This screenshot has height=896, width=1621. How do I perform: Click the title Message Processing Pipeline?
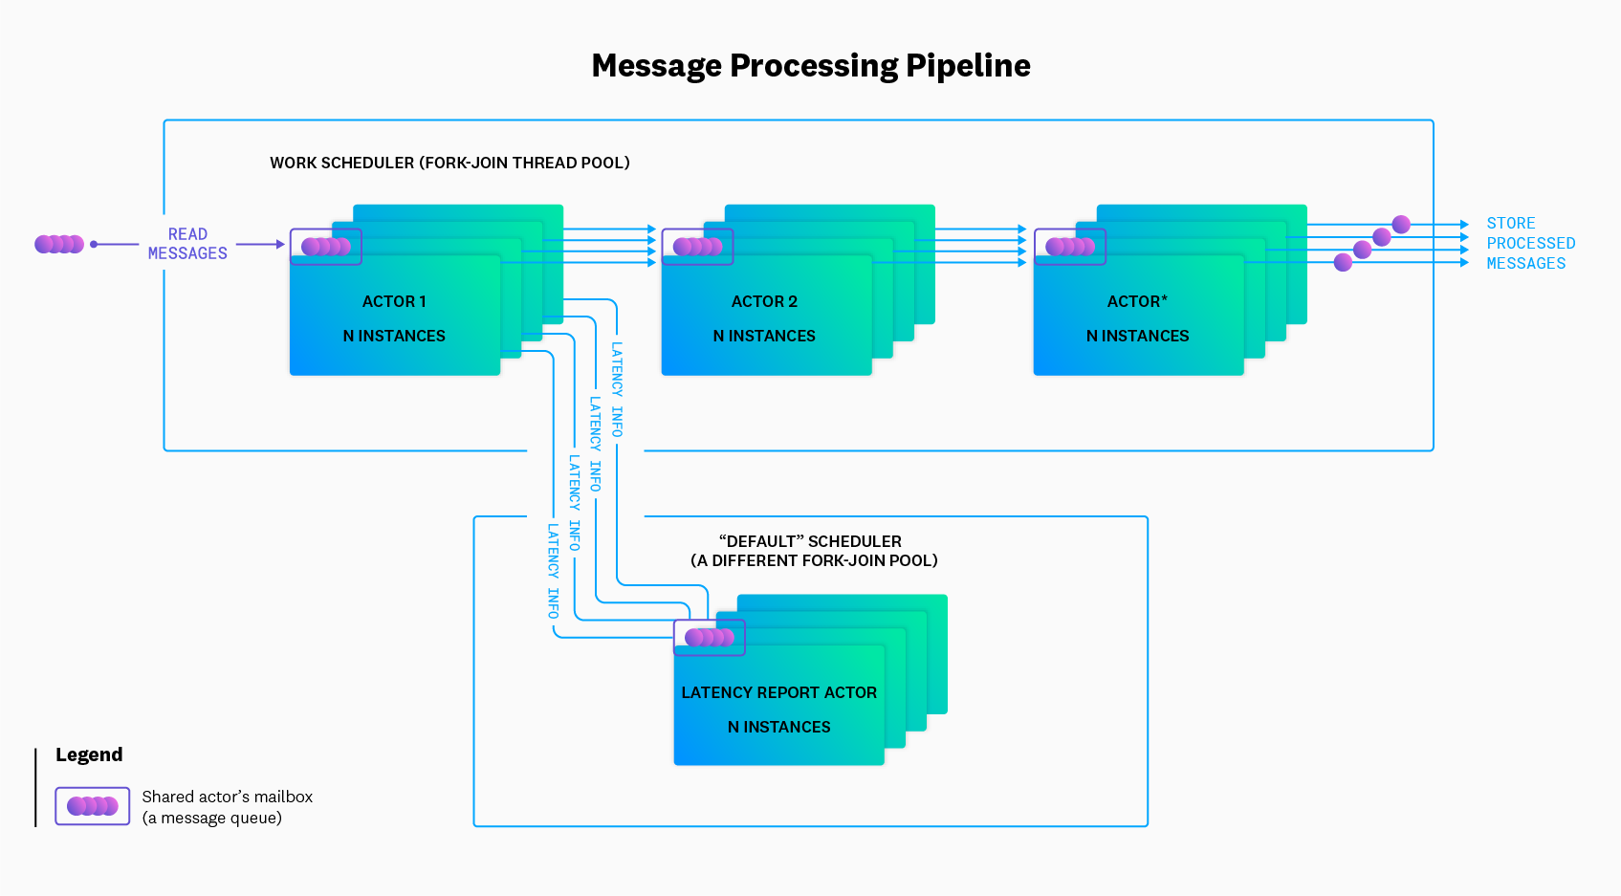[810, 66]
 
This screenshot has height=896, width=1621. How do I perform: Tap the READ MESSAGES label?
[187, 244]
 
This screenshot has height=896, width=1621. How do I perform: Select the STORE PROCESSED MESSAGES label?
[1529, 243]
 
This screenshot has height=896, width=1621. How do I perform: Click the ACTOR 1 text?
[394, 301]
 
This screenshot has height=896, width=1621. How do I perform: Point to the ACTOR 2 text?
[764, 301]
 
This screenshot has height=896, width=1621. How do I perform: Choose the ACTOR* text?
[1137, 301]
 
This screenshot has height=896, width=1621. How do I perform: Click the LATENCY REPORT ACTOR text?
[778, 692]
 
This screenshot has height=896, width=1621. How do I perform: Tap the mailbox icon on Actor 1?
[326, 247]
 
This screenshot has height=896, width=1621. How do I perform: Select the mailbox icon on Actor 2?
[698, 247]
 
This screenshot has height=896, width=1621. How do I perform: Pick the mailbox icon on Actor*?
[1070, 247]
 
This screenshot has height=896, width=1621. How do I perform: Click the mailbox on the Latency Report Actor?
[710, 637]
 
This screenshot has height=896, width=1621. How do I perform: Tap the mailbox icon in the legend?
[93, 806]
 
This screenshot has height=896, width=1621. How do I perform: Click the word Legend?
[89, 754]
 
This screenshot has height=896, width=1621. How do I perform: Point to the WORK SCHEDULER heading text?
[449, 163]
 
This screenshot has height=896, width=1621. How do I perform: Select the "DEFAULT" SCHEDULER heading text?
[813, 551]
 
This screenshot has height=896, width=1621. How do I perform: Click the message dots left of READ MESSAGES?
[59, 244]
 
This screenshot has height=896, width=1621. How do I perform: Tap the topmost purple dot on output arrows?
[1401, 224]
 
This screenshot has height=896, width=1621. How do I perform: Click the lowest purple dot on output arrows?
[1343, 262]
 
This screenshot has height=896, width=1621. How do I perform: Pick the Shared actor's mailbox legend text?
[227, 806]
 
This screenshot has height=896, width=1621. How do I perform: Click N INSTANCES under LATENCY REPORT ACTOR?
[778, 727]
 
